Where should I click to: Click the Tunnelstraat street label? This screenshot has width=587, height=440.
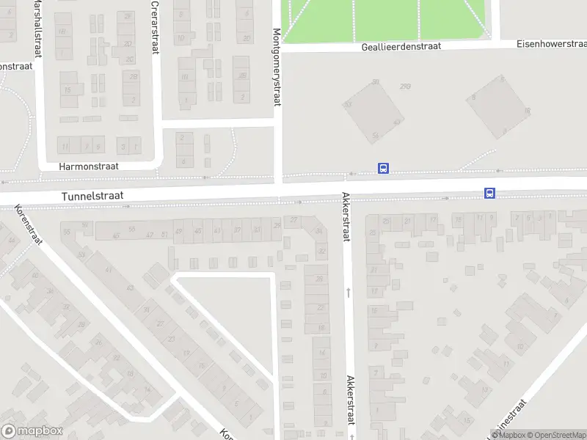[92, 197]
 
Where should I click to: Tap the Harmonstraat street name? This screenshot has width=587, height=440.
[89, 166]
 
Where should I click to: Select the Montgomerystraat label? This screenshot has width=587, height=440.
[277, 67]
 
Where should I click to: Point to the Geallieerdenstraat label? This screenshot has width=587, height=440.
[401, 46]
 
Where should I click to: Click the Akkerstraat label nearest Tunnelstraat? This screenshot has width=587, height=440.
[346, 217]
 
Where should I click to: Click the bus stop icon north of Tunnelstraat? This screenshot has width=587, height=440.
[382, 168]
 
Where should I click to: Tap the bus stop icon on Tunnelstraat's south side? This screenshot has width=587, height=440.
[489, 194]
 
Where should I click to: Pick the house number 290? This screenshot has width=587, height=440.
[405, 87]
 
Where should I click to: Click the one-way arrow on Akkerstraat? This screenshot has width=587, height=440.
[349, 292]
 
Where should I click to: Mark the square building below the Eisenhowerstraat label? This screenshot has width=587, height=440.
[499, 106]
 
